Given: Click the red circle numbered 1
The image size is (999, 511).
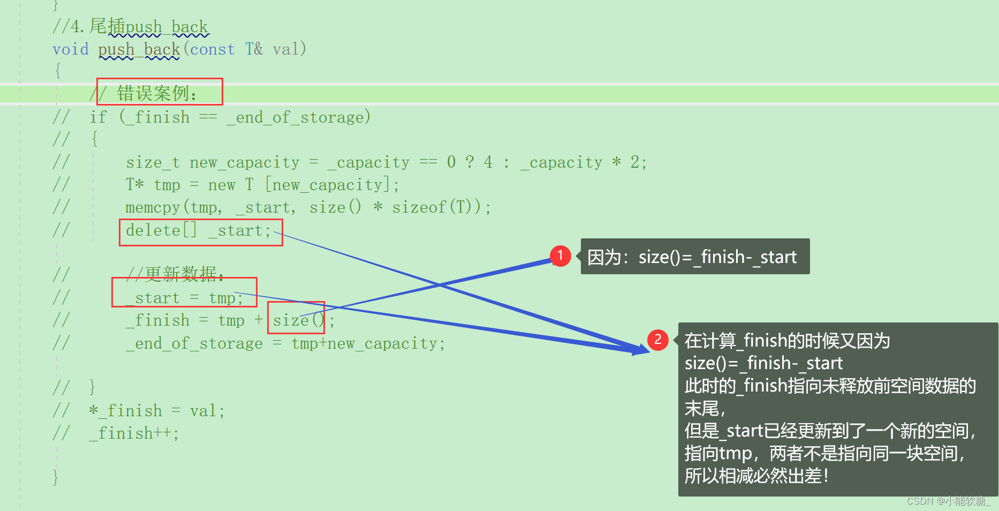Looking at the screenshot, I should click(560, 255).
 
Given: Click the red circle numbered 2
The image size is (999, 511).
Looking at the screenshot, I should click(657, 340).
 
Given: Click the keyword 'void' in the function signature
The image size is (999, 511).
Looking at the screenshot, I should click(71, 49).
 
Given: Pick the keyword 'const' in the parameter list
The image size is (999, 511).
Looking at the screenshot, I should click(213, 49).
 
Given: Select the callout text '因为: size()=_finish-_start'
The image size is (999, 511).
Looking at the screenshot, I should click(694, 257).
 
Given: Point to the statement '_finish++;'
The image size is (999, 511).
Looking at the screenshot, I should click(134, 433).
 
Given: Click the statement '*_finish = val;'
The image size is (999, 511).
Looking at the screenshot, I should click(157, 411).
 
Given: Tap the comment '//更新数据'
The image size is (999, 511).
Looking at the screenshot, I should click(175, 274).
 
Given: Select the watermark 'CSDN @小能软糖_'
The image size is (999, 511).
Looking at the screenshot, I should click(948, 501).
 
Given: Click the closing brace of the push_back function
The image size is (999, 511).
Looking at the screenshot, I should click(56, 476).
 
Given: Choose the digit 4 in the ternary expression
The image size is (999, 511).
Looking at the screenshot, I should click(488, 162).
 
